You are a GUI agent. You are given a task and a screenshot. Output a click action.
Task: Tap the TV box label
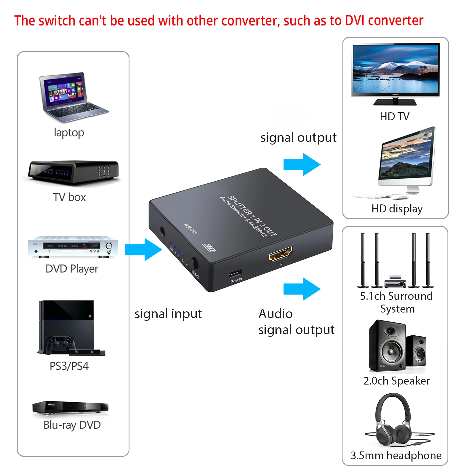tap(69, 197)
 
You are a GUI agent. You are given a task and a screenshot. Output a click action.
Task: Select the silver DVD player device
tap(73, 247)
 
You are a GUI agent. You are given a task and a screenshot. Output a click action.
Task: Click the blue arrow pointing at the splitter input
tap(143, 249)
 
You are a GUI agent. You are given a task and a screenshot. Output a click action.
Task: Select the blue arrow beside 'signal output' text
tap(302, 164)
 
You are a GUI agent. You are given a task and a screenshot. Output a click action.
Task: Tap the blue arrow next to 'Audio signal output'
tap(302, 289)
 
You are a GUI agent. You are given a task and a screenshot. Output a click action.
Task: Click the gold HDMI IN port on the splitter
tap(280, 254)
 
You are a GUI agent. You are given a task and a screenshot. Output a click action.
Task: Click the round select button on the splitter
tap(194, 262)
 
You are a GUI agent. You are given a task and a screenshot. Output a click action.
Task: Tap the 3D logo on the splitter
tap(209, 248)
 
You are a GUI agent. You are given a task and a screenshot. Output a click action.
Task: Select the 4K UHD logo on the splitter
tap(190, 229)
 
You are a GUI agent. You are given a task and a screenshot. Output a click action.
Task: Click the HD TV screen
tap(395, 70)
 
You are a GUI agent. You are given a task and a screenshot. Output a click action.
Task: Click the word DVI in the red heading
tap(355, 21)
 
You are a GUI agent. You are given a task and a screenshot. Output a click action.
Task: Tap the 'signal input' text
tap(168, 314)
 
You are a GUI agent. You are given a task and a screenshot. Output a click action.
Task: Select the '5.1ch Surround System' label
tap(396, 302)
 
